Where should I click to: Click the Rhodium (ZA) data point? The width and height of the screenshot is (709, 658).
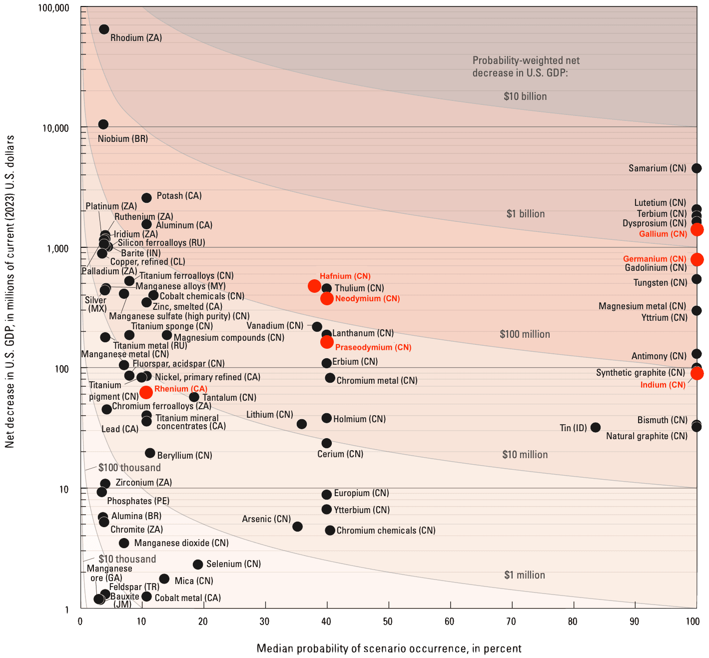tap(104, 29)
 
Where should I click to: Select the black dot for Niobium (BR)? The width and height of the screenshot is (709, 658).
tap(103, 124)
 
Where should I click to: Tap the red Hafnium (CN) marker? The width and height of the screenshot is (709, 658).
tap(314, 286)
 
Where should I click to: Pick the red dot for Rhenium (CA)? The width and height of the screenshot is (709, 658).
tap(146, 392)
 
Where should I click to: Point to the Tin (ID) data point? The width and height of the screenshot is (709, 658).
tap(595, 427)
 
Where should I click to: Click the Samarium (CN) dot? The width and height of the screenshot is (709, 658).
tap(696, 168)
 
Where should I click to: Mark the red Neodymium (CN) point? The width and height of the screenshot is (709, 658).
tap(327, 298)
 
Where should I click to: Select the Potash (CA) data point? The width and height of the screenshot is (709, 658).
tap(146, 198)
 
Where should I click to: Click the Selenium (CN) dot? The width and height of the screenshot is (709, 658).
tap(198, 564)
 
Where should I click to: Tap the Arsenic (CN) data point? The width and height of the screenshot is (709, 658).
tap(297, 527)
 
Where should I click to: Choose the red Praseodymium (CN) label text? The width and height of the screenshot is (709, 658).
tap(373, 347)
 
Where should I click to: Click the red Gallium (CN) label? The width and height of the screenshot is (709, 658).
tap(663, 234)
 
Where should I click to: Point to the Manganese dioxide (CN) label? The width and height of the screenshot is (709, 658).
tap(181, 543)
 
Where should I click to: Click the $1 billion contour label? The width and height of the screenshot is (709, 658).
tap(525, 214)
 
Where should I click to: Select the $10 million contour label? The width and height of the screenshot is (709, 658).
tap(525, 455)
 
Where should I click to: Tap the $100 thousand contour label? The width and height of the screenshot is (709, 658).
tap(129, 468)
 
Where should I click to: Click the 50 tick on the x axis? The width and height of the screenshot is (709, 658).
tap(388, 622)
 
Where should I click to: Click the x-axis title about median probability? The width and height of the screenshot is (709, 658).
tap(389, 649)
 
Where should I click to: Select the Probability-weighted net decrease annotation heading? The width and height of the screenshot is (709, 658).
tap(526, 66)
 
